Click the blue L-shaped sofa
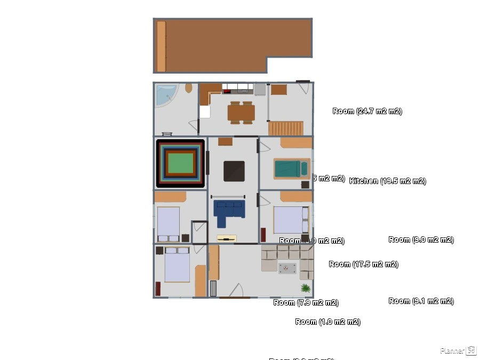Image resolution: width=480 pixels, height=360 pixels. pos(228,209)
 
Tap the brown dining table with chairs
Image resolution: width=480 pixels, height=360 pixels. pos(241,113)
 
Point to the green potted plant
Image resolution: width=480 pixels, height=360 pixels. pos(306,288)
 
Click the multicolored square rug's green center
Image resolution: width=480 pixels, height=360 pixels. pos(180,163)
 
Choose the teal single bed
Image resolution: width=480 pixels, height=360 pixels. pos(291,169)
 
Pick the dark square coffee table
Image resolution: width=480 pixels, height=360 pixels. pos(234,171)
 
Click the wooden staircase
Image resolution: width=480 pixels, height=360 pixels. pos(286,129)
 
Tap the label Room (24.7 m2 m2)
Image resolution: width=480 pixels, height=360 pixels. pos(367,111)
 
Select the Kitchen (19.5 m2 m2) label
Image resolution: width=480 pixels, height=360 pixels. pos(387,181)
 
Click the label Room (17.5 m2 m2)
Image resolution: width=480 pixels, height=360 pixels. pos(363,264)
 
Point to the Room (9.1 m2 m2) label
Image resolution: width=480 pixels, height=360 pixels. pos(421,301)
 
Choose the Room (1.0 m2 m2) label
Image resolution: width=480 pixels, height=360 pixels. pos(327,322)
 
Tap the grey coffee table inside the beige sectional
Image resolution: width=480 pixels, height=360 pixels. pos(287,268)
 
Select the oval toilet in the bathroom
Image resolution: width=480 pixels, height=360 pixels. pos(189,88)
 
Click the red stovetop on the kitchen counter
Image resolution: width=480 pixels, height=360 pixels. pos(227,91)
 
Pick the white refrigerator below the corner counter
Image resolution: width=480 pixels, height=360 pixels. pos(205,111)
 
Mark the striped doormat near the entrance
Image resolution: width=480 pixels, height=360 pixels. pos(213,289)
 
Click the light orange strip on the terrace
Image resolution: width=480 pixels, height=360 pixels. pos(161,46)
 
